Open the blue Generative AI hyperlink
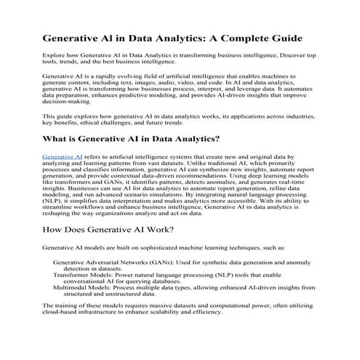(x=62, y=156)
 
